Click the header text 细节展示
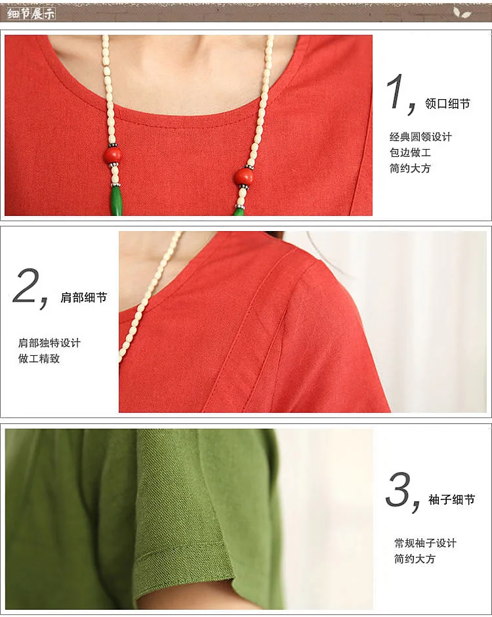(31, 14)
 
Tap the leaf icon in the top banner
(462, 13)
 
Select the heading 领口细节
(447, 104)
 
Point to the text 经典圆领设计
(420, 137)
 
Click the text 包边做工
(410, 153)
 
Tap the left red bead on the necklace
(112, 155)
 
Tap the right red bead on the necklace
(243, 177)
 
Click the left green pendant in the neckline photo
(116, 201)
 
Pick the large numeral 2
(26, 286)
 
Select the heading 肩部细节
(84, 297)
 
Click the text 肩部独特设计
(49, 343)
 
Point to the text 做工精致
(39, 359)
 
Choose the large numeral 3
(398, 489)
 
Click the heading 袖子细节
(451, 500)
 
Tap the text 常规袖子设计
(426, 543)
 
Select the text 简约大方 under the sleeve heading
(415, 559)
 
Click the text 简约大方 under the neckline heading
(410, 169)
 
